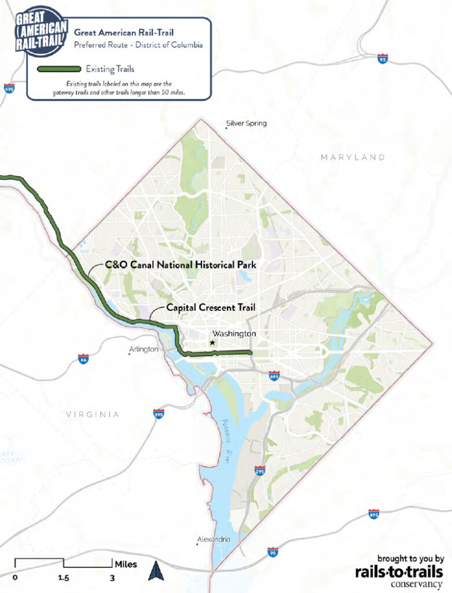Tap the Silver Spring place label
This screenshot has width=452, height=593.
pyautogui.click(x=247, y=123)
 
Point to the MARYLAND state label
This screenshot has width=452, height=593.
pyautogui.click(x=353, y=158)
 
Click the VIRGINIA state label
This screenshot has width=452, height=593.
pyautogui.click(x=93, y=415)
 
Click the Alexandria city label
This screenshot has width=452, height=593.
pyautogui.click(x=214, y=540)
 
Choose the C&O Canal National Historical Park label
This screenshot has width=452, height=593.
pyautogui.click(x=180, y=265)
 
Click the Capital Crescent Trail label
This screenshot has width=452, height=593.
pyautogui.click(x=211, y=308)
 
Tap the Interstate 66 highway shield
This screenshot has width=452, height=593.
pyautogui.click(x=83, y=359)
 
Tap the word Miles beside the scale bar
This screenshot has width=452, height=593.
pyautogui.click(x=126, y=563)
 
